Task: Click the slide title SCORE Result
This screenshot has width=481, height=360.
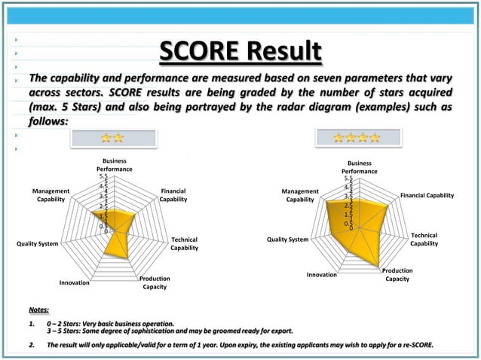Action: tap(240, 53)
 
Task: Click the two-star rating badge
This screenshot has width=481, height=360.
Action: tap(113, 138)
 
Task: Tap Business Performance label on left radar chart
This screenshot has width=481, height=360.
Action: tap(114, 165)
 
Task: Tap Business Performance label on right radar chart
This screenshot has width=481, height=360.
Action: tap(359, 167)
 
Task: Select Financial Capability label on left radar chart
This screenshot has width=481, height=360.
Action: tap(173, 195)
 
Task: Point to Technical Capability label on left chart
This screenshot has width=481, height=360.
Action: tap(184, 243)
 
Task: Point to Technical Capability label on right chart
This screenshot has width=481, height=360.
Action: tap(424, 239)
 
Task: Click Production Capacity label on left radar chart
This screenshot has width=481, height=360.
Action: tap(155, 282)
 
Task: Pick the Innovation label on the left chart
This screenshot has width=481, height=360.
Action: tap(74, 283)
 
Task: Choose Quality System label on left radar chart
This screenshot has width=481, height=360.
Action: tap(37, 243)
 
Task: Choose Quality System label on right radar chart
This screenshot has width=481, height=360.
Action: tap(288, 239)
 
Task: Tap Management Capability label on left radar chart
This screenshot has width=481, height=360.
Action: tap(51, 195)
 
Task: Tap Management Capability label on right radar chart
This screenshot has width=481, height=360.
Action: tap(300, 195)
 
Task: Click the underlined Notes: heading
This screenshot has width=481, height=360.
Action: tap(38, 310)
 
